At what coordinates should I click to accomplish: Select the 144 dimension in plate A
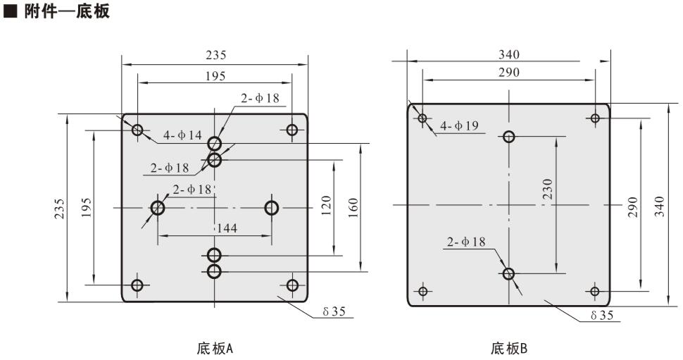click(226, 228)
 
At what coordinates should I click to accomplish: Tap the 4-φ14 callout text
click(182, 135)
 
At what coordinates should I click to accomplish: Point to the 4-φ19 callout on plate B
click(459, 126)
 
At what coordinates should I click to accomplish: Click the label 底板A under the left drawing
click(215, 348)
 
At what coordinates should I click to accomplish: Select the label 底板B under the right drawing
click(509, 348)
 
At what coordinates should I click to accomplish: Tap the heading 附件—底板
click(62, 12)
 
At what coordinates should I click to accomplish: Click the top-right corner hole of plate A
click(292, 130)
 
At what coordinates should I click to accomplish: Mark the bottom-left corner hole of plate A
click(137, 285)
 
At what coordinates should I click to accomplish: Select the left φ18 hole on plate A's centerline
click(157, 208)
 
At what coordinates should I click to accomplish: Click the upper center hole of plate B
click(509, 137)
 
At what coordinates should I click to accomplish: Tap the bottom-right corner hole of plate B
click(595, 291)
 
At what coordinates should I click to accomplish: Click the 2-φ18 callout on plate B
click(466, 242)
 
